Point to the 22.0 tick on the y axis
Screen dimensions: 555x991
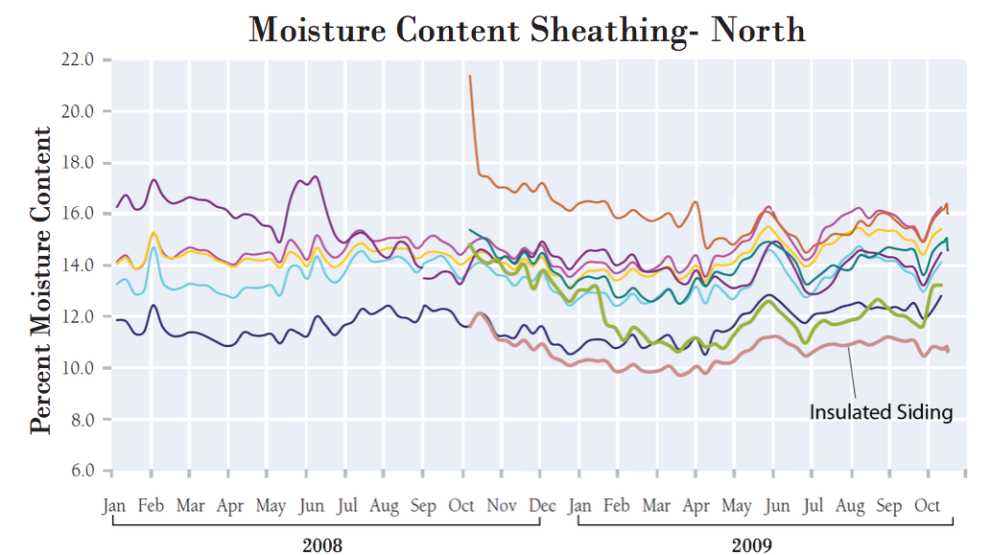pyautogui.click(x=76, y=59)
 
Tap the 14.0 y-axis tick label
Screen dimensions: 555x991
pyautogui.click(x=76, y=265)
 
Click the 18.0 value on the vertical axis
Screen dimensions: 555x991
pyautogui.click(x=76, y=162)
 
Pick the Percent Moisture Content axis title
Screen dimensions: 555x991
pyautogui.click(x=41, y=279)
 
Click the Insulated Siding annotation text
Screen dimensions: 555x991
pyautogui.click(x=881, y=412)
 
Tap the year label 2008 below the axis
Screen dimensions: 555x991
pyautogui.click(x=322, y=545)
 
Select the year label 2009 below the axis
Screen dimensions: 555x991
pyautogui.click(x=752, y=545)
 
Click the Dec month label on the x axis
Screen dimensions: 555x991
pyautogui.click(x=542, y=505)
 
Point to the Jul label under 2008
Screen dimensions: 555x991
pyautogui.click(x=347, y=505)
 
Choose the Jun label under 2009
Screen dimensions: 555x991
pyautogui.click(x=778, y=505)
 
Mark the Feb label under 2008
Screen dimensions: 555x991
pyautogui.click(x=150, y=505)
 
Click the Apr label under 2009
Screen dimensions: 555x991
pyautogui.click(x=696, y=505)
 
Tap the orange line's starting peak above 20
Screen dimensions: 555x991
pyautogui.click(x=470, y=76)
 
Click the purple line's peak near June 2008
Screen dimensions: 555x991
pyautogui.click(x=315, y=176)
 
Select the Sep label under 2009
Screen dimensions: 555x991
pyautogui.click(x=889, y=505)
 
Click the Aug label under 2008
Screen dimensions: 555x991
pyautogui.click(x=384, y=505)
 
